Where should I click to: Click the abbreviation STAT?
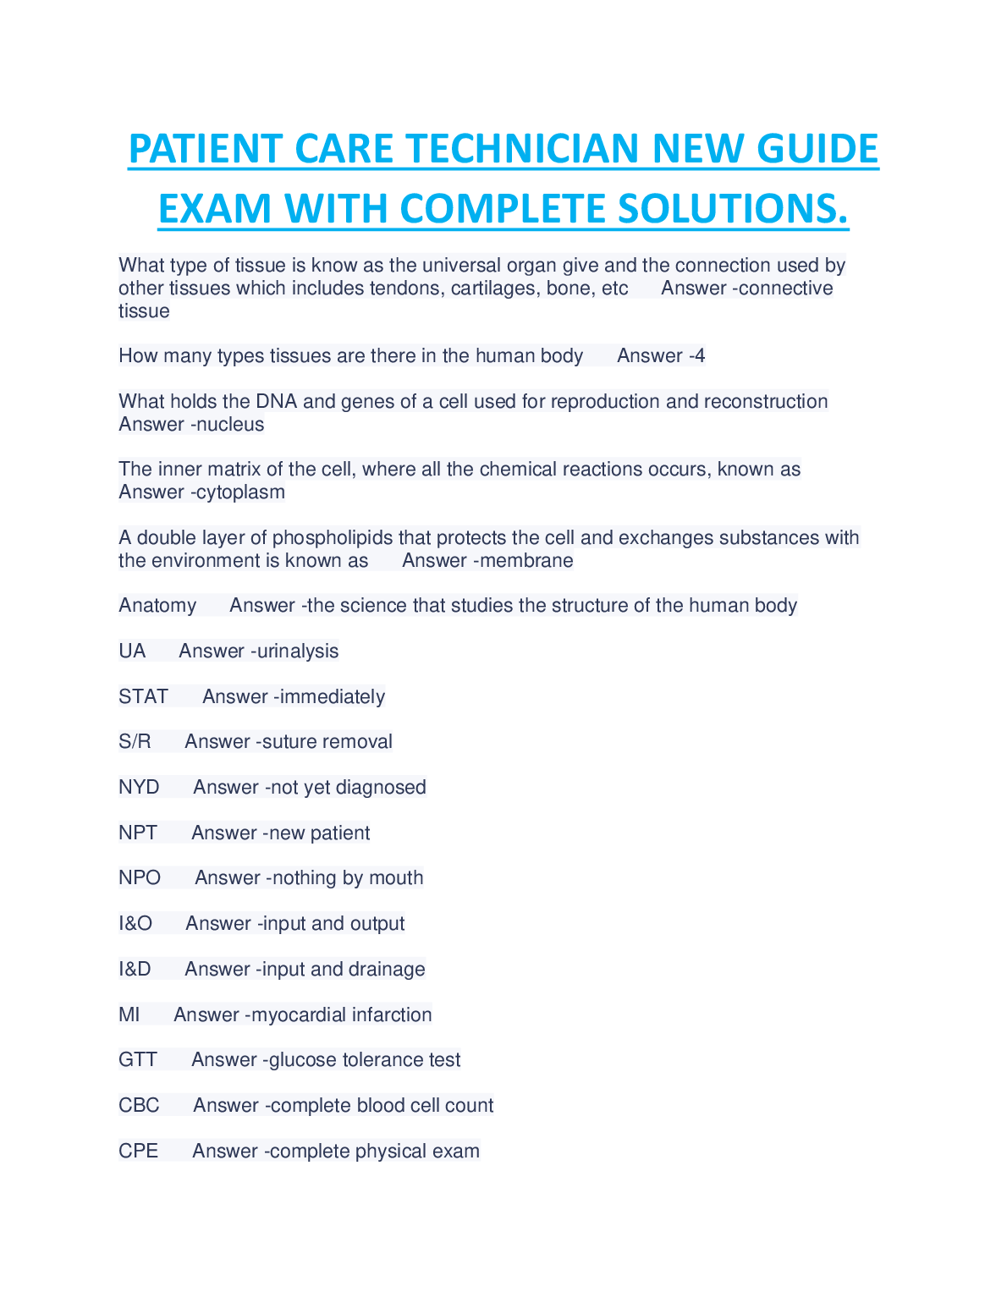(144, 696)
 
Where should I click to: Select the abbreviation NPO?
(140, 877)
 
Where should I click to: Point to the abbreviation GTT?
(138, 1059)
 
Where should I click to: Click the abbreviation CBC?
(139, 1105)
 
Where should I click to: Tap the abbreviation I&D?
(135, 969)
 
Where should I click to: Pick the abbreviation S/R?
(135, 741)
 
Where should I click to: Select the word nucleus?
(229, 424)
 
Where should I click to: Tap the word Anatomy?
(157, 605)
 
